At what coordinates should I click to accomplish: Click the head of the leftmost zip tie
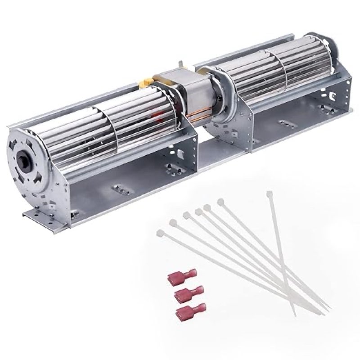pos(160,233)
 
